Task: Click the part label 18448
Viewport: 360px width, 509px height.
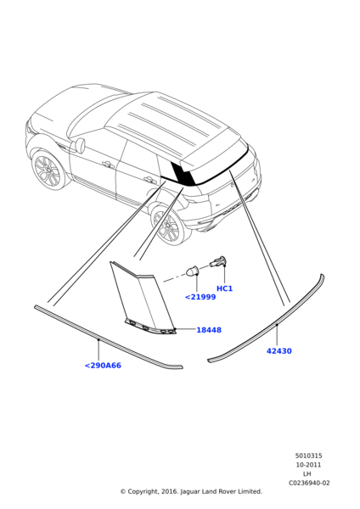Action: [209, 330]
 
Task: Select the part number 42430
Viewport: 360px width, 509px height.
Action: [279, 351]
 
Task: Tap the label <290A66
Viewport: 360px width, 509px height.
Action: [103, 366]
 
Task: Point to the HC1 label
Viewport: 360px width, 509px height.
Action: [224, 288]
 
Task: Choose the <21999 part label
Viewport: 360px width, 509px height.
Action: [200, 297]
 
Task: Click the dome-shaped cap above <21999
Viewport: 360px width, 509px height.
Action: [193, 271]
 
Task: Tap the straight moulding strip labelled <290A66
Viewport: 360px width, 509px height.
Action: [107, 338]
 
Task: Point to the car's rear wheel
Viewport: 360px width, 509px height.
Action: [167, 225]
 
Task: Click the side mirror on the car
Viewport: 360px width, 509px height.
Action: [80, 145]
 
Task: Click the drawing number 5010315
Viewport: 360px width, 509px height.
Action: [308, 456]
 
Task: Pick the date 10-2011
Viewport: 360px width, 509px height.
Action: [308, 465]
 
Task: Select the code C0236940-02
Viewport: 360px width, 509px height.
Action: [309, 483]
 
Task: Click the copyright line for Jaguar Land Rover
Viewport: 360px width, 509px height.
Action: [191, 491]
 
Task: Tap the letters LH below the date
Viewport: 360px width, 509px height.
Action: [307, 474]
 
